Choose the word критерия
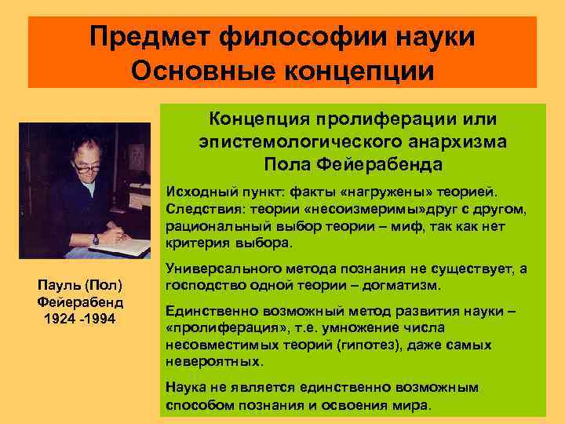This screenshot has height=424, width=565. coord(193,243)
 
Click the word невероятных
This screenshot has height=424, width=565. coord(212,363)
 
